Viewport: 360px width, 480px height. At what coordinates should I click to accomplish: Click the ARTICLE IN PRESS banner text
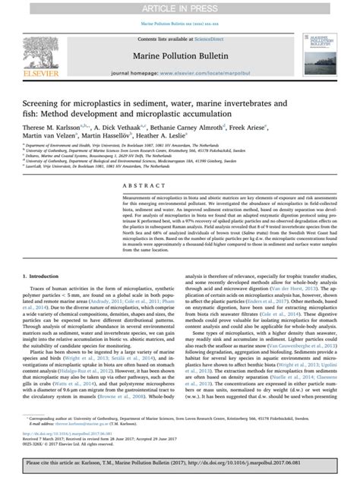(179, 8)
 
